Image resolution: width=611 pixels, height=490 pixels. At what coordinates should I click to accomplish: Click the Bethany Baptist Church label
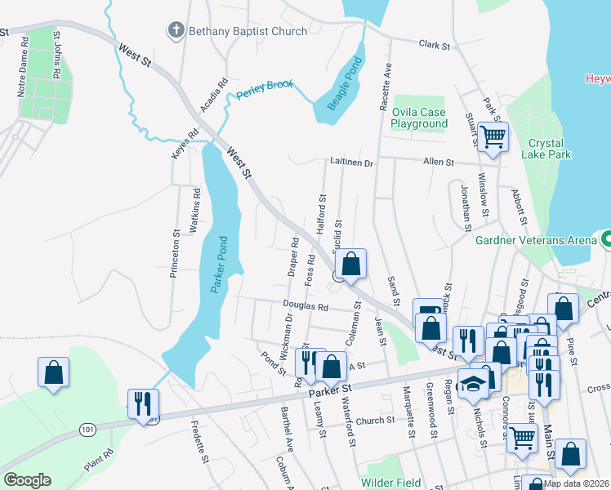248,32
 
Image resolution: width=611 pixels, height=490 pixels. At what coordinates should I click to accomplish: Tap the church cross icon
176,32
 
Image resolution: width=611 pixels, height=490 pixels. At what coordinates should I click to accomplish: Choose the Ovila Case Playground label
419,118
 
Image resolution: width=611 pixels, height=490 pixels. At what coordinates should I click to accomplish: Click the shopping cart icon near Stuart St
493,138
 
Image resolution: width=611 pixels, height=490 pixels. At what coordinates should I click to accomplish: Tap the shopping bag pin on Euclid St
350,264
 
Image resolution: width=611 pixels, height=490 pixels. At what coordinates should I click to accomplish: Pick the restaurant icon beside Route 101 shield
142,403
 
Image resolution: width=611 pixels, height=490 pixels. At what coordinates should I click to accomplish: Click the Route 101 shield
88,428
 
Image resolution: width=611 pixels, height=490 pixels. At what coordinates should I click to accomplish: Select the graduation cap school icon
473,385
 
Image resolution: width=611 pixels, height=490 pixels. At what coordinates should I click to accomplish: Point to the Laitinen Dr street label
351,163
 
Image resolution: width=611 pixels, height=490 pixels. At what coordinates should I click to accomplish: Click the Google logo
28,480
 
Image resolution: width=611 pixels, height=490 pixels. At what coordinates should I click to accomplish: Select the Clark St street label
435,46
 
